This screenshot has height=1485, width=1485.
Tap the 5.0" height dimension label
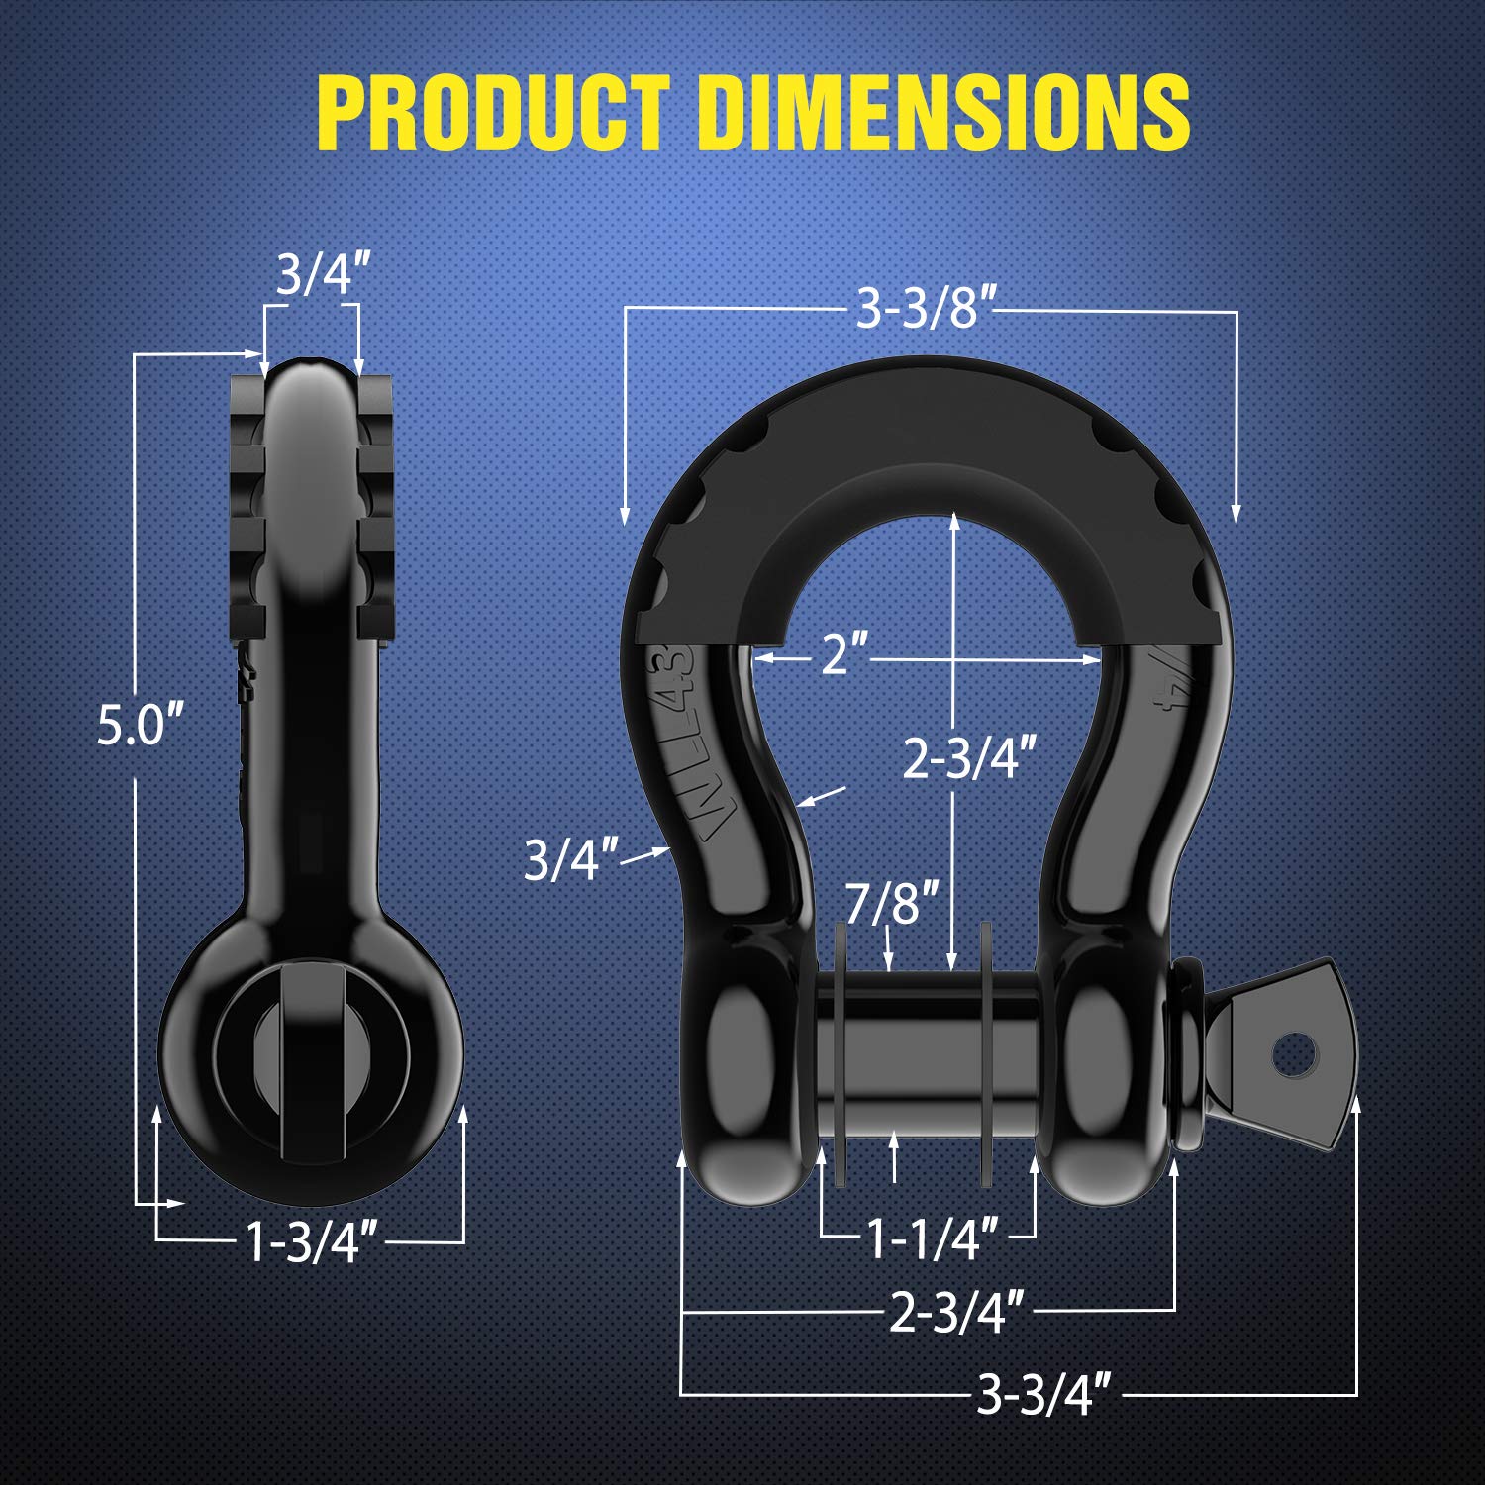tap(141, 725)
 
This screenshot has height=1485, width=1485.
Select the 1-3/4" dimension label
tap(312, 1241)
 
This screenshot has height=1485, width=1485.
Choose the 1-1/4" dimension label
tap(932, 1237)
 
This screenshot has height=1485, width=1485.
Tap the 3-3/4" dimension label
tap(1043, 1394)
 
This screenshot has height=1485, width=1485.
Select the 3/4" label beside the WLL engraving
tap(570, 858)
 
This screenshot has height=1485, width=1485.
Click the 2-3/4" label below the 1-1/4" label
tap(955, 1313)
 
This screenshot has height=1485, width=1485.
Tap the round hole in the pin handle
tap(1293, 1054)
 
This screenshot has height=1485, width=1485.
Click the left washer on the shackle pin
tap(841, 1054)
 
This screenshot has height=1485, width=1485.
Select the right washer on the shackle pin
tap(985, 1054)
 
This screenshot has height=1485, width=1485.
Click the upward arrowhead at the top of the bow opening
tap(953, 520)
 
